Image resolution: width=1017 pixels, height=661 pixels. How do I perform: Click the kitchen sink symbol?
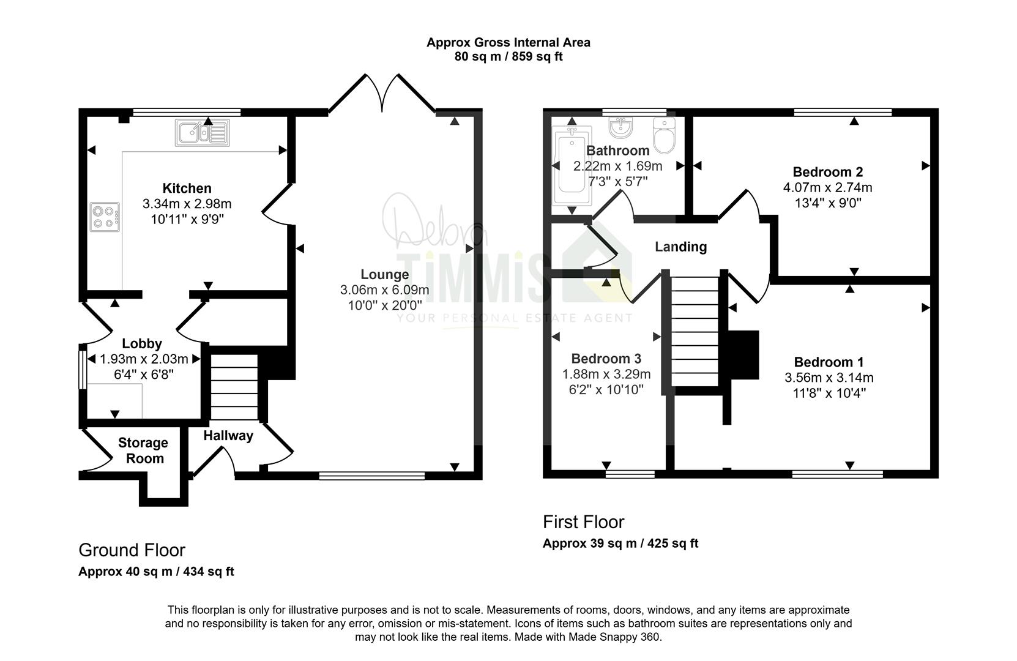click(203, 133)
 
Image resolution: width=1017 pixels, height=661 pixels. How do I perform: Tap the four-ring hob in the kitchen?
click(105, 217)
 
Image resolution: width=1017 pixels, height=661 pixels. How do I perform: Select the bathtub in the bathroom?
click(572, 166)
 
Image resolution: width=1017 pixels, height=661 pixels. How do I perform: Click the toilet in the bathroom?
click(664, 135)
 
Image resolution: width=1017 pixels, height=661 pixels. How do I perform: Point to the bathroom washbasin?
click(620, 127)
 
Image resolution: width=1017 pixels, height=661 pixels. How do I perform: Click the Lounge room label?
click(384, 274)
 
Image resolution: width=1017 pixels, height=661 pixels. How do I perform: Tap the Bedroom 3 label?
click(606, 359)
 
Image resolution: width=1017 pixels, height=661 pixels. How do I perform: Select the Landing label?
click(680, 247)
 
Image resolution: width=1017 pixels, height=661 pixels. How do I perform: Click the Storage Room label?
click(143, 450)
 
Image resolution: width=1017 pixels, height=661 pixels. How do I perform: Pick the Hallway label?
click(228, 435)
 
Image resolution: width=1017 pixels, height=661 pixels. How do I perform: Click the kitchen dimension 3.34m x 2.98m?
click(187, 204)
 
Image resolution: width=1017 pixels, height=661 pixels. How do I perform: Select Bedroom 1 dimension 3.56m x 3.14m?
click(829, 377)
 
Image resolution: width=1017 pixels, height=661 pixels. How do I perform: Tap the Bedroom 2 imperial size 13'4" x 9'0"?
click(828, 203)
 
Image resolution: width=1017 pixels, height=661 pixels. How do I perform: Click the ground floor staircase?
click(234, 387)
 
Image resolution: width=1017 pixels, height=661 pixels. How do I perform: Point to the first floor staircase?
click(695, 331)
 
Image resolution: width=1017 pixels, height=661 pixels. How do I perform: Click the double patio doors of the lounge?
click(382, 93)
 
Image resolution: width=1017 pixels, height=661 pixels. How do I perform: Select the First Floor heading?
click(583, 522)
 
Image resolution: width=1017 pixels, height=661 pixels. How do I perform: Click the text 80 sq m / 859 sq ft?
click(509, 56)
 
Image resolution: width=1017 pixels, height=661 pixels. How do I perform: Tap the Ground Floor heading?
click(132, 550)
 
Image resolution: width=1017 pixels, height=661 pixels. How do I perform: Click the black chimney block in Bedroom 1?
click(743, 355)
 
